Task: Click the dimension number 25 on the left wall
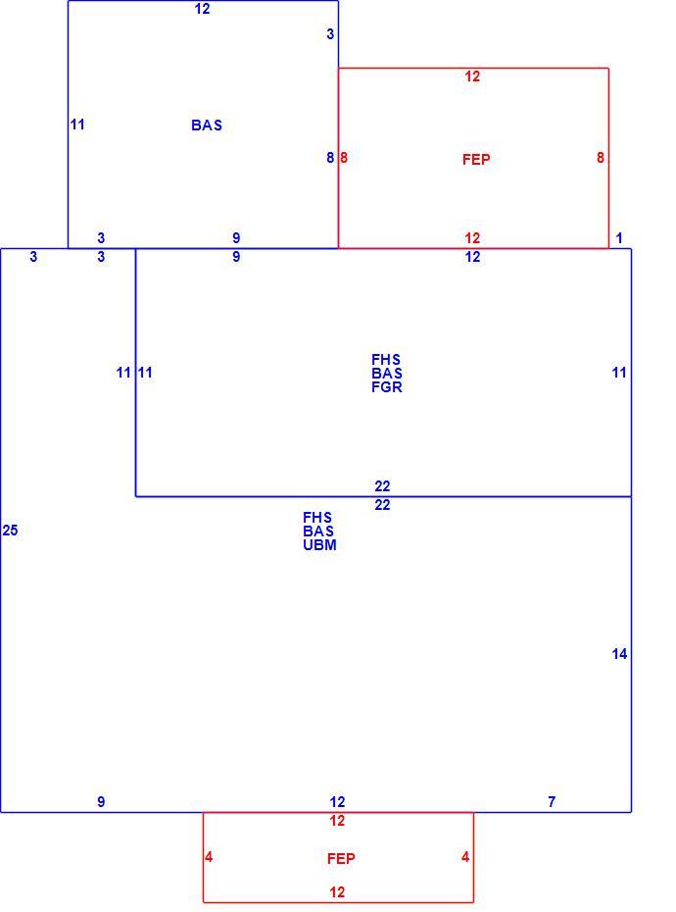10,531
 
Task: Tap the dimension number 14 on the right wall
619,654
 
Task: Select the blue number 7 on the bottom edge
552,802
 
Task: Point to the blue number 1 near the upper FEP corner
619,238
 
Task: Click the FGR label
387,387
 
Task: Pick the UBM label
319,545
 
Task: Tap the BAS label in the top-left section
207,126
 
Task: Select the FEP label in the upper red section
476,160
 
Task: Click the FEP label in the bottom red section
341,858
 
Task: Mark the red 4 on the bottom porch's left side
209,857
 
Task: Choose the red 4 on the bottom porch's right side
465,857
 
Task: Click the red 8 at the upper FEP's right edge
600,158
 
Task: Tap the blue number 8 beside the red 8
330,158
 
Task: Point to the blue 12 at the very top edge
202,9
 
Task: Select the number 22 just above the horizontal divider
382,486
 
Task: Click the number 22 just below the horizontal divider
382,505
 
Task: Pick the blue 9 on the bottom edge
101,802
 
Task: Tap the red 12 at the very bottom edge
337,892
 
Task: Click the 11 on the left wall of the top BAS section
77,125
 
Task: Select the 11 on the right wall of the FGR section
619,373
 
